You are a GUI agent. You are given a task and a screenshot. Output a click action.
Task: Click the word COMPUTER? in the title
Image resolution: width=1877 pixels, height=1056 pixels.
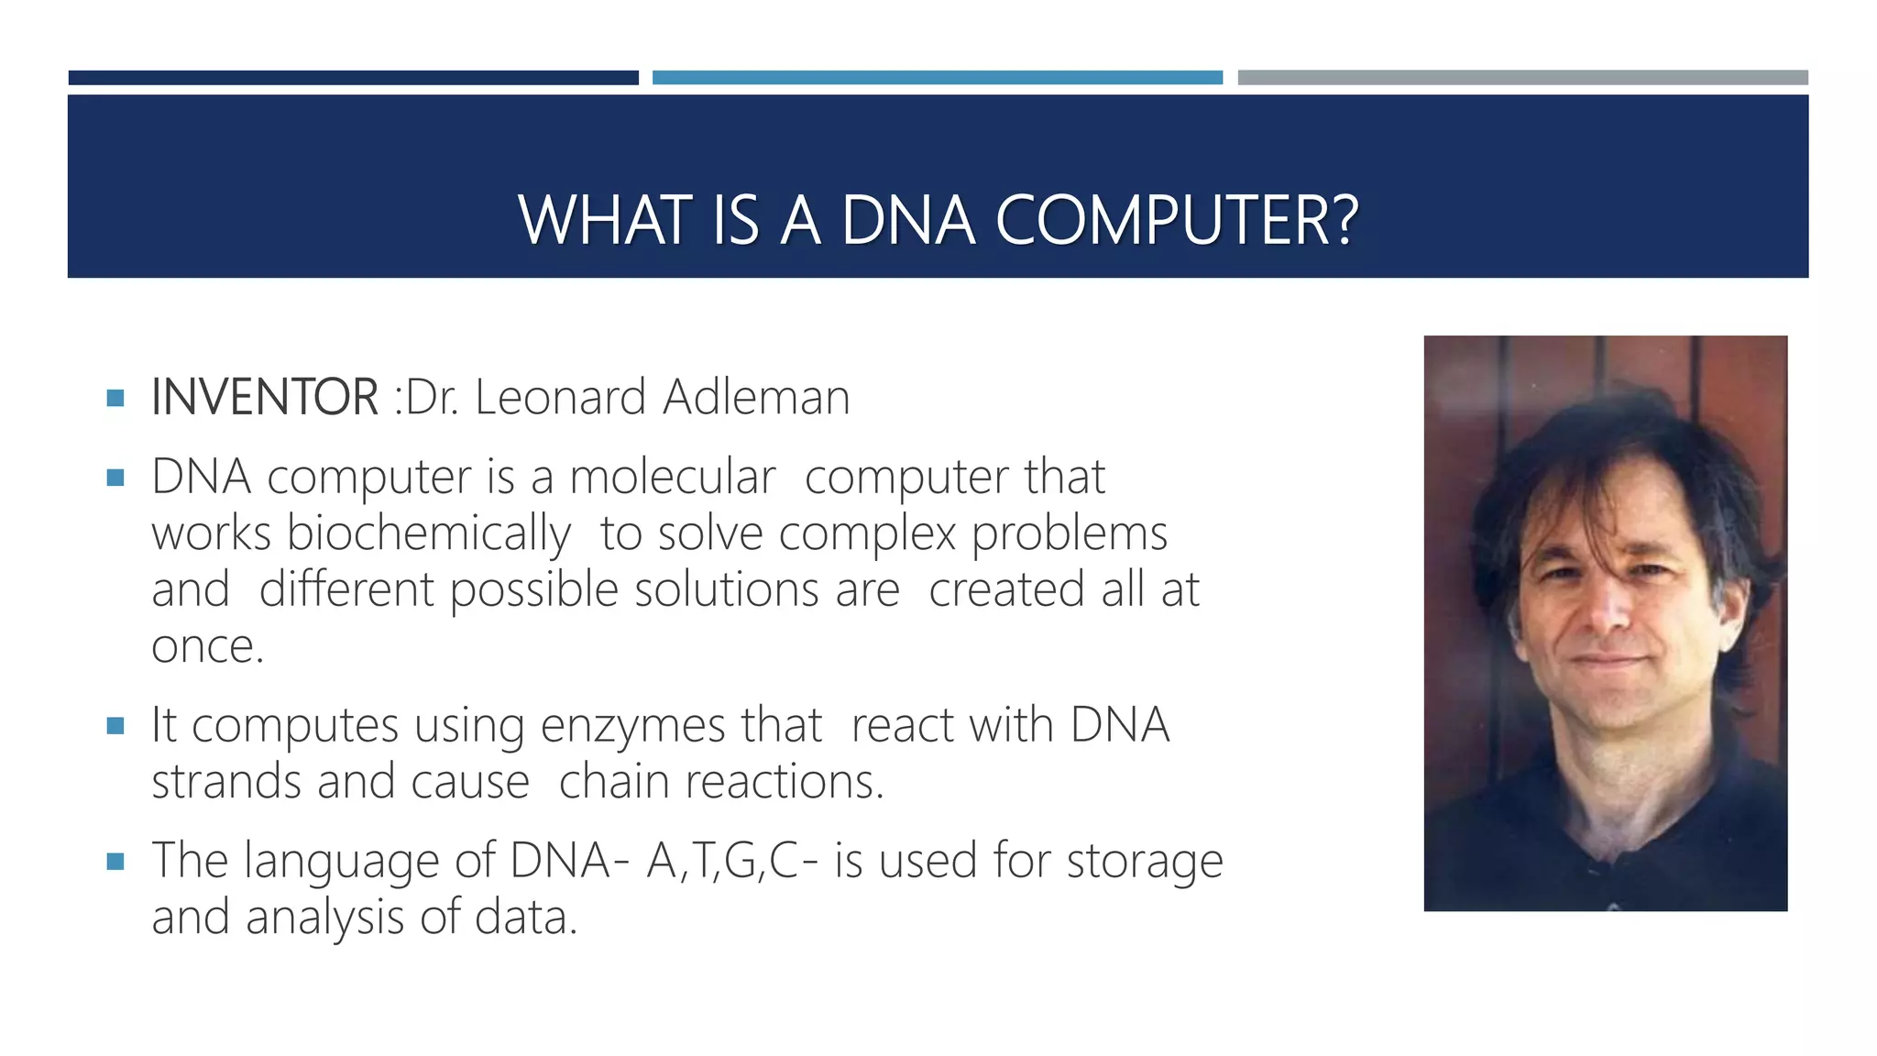1177,221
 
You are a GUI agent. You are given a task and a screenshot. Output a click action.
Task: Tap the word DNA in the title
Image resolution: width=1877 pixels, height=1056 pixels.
907,221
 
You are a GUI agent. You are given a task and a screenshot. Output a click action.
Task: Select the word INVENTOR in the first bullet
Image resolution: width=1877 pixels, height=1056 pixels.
265,397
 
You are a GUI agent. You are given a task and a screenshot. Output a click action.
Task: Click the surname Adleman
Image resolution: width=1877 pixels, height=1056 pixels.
756,397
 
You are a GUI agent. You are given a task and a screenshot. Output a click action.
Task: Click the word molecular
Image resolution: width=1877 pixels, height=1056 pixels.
672,477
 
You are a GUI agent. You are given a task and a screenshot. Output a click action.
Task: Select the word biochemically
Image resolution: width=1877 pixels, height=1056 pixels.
429,533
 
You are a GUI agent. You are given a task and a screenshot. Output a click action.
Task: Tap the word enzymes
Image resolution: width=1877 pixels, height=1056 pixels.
633,725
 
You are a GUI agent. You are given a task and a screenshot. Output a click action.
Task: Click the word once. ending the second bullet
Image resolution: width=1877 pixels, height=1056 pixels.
208,646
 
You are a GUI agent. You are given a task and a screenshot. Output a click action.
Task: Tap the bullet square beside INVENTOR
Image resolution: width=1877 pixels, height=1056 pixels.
115,398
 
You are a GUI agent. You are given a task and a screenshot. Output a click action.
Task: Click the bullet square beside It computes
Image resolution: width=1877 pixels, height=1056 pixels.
115,726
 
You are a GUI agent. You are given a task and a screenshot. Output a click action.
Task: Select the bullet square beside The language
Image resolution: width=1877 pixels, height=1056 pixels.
115,862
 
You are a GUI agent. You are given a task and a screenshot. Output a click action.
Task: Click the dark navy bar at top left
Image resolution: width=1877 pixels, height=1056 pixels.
353,78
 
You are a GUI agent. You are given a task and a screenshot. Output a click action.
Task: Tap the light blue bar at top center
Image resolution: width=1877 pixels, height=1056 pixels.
937,78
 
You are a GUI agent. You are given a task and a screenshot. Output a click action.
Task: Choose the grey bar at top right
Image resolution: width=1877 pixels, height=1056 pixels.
1522,78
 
